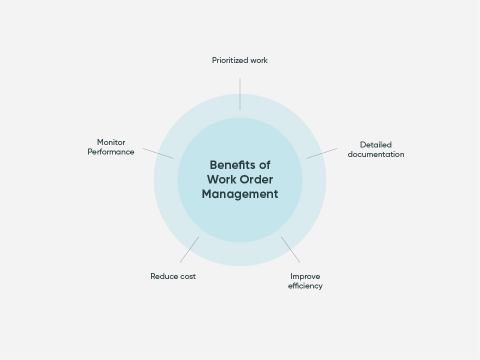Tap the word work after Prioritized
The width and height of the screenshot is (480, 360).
259,60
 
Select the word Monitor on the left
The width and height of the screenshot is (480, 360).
111,142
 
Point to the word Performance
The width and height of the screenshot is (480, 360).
111,152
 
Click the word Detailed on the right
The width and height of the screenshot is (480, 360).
375,145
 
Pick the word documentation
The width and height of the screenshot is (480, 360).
375,154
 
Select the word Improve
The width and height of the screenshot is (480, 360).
305,276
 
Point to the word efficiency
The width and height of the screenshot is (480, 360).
305,286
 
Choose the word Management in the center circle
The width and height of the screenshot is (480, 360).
240,194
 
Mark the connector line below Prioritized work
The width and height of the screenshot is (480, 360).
240,93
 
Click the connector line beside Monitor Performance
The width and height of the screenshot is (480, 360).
158,153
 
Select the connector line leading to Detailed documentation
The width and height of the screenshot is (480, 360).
322,153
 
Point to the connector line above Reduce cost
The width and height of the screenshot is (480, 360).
189,249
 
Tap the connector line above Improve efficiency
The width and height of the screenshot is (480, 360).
290,249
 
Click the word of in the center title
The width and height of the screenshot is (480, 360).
265,165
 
